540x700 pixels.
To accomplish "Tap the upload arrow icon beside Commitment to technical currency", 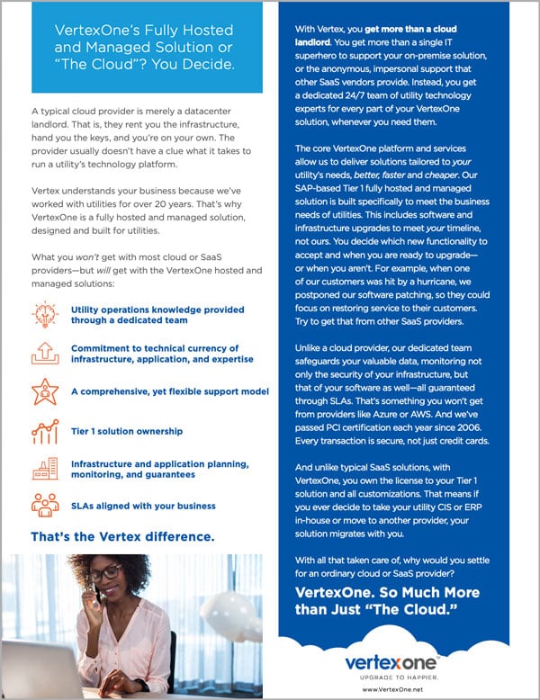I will [x=45, y=354].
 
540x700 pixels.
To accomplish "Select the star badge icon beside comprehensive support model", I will [x=45, y=392].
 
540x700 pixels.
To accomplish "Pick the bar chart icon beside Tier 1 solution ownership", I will [x=45, y=431].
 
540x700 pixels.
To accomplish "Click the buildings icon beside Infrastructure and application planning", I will [x=45, y=468].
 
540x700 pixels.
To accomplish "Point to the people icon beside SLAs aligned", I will [x=45, y=505].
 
